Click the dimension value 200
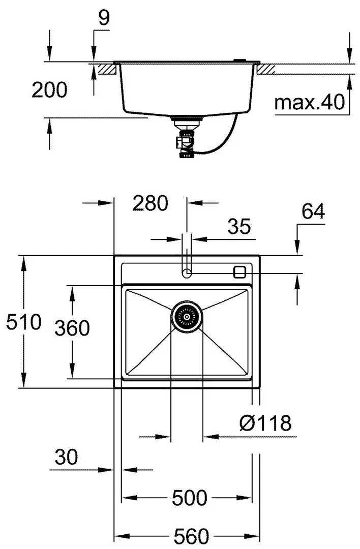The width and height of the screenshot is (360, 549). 49,90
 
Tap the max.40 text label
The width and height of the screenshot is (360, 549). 310,103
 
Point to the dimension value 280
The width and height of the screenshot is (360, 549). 150,203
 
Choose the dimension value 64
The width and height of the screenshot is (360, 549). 313,211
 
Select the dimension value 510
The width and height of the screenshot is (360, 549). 23,322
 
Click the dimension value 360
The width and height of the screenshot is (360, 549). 72,329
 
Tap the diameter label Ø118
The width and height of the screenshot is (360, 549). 265,422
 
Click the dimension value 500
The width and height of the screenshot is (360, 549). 189,498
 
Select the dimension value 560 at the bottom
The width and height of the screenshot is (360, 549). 191,536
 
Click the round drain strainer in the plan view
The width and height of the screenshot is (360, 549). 187,316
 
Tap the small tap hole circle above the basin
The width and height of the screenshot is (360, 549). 187,273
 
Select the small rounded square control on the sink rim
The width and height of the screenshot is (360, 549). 239,271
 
